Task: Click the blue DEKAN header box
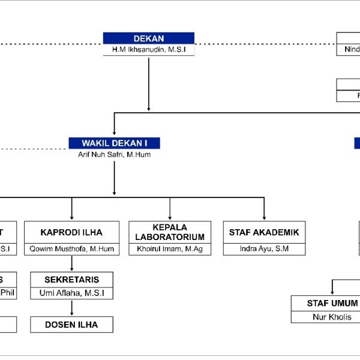pos(149,38)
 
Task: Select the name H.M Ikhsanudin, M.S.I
pos(149,50)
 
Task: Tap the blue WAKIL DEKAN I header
pos(114,143)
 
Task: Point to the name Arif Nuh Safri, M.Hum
pos(114,154)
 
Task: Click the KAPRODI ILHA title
pos(71,232)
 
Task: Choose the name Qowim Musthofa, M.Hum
pos(71,249)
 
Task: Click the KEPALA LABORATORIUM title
pos(170,232)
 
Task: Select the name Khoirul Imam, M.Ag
pos(170,249)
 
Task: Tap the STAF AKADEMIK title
pos(264,232)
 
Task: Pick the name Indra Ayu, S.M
pos(264,249)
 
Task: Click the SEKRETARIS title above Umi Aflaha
pos(71,280)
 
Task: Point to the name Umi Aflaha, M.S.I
pos(71,293)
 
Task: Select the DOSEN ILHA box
pos(71,325)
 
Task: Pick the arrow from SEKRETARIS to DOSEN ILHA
pos(71,307)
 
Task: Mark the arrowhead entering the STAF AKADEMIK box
pos(264,217)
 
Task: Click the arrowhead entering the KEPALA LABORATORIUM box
pos(170,217)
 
